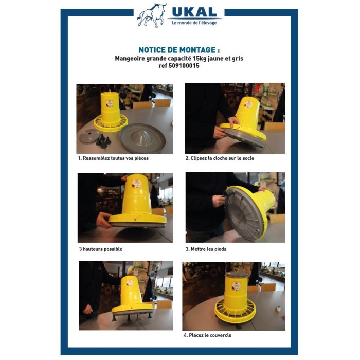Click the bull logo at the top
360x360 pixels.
tap(152, 15)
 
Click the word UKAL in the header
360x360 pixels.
tap(194, 12)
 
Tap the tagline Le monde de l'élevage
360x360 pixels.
tap(194, 23)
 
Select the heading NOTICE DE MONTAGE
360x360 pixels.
tap(179, 50)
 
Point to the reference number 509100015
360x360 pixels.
tap(184, 66)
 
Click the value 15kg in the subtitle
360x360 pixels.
tap(200, 58)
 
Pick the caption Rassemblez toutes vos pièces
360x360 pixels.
tap(116, 158)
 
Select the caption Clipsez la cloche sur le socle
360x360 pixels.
tap(222, 158)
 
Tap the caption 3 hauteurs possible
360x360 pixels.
tap(101, 249)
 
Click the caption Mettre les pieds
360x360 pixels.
tap(208, 249)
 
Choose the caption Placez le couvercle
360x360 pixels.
tap(210, 335)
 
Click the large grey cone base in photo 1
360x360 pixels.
tap(142, 138)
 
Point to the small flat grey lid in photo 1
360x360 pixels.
tap(89, 136)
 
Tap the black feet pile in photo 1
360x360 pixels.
tap(103, 141)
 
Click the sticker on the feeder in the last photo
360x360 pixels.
tap(236, 286)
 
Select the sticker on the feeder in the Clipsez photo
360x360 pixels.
tap(248, 104)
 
